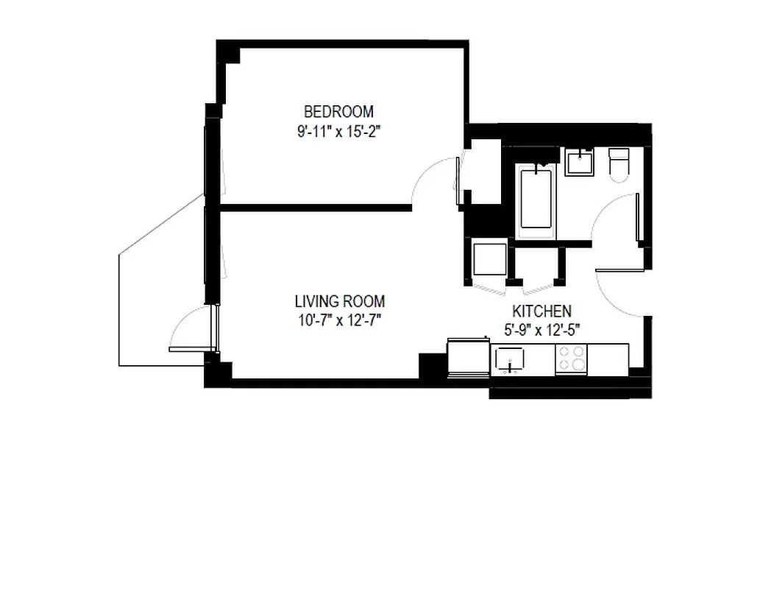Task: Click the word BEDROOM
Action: point(338,112)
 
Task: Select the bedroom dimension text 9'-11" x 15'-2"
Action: point(338,133)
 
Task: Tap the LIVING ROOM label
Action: point(339,301)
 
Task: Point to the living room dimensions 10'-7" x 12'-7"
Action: point(339,320)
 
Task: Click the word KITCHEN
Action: point(542,311)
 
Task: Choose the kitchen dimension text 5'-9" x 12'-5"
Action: point(542,331)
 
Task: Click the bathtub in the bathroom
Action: point(536,199)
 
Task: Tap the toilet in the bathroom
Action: point(618,163)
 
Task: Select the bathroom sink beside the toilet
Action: point(580,162)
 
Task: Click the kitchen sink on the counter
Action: point(510,359)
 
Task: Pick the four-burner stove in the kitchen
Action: point(572,359)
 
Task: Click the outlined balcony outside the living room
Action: point(158,294)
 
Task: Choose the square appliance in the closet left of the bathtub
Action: point(489,259)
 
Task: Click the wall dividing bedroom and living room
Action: point(316,208)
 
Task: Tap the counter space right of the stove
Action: point(608,359)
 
